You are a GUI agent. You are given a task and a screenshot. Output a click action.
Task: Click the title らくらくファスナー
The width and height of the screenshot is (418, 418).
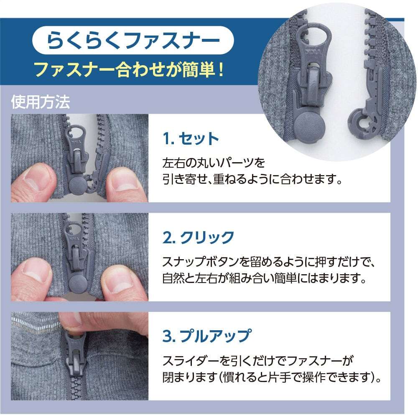tap(133, 40)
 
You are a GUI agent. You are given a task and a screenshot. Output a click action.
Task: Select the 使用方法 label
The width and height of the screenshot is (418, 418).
tap(41, 102)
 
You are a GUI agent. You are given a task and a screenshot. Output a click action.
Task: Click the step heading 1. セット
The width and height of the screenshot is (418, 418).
tap(191, 139)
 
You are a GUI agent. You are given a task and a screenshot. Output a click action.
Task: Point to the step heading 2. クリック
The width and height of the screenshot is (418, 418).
tap(198, 237)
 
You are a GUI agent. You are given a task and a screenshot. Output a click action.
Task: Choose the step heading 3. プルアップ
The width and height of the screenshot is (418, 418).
tap(207, 336)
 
